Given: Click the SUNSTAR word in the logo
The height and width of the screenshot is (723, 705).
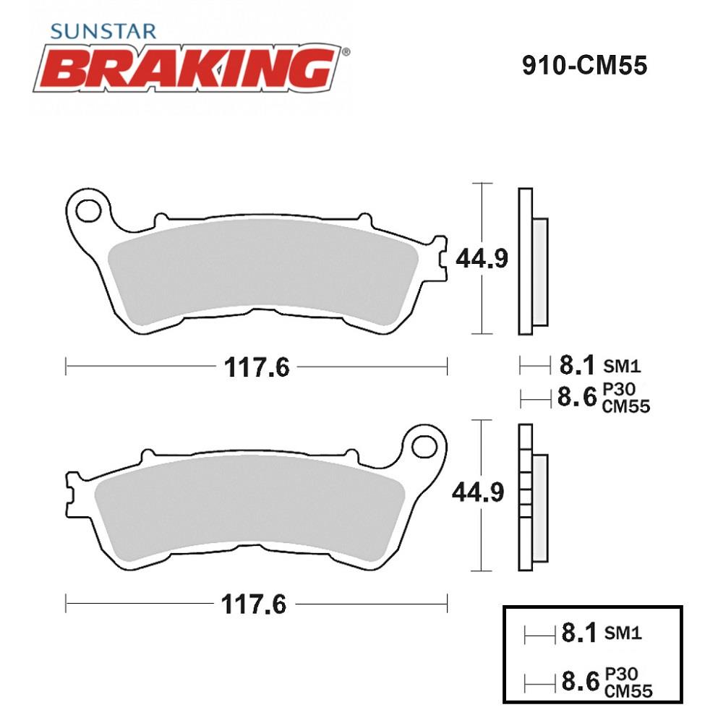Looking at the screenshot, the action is click(103, 31).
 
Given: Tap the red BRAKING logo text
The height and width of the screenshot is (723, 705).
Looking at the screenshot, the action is click(189, 69).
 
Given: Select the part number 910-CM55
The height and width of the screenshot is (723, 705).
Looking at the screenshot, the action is click(584, 66).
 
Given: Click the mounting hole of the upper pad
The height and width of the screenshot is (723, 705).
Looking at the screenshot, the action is click(88, 212).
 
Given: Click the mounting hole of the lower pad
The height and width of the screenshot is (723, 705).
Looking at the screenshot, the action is click(424, 447).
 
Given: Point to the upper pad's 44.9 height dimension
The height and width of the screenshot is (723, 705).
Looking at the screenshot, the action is click(482, 258).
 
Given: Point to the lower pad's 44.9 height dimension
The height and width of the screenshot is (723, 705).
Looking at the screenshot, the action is click(478, 492).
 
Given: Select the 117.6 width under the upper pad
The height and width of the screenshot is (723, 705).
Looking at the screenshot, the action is click(257, 367).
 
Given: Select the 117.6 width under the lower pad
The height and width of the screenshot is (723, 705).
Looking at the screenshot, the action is click(254, 604).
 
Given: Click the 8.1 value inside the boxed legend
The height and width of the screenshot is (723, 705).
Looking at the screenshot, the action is click(579, 633).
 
